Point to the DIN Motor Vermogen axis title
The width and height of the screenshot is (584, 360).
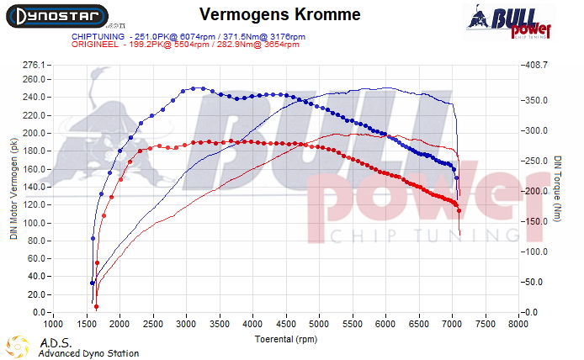point(13,188)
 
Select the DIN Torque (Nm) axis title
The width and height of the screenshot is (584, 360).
point(558,188)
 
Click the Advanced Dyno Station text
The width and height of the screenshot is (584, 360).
point(88,354)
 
